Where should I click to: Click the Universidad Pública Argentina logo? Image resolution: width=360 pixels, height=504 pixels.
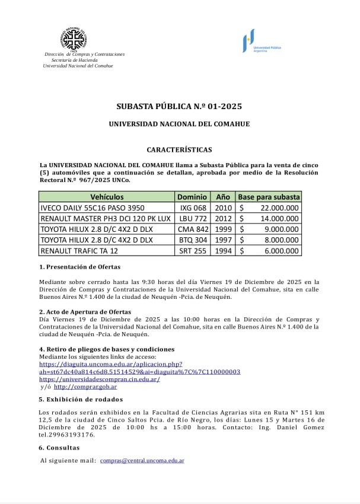tap(261, 41)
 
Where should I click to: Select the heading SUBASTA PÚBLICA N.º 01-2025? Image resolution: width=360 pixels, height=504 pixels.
tap(179, 107)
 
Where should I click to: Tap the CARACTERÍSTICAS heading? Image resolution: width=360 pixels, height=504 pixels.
tap(179, 150)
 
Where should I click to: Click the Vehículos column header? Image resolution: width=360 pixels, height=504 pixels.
tap(107, 197)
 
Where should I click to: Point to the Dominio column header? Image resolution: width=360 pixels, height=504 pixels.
tap(192, 197)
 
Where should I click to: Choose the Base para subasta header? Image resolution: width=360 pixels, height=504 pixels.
tap(269, 197)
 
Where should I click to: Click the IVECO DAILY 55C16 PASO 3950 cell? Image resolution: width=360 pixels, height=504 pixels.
tap(92, 208)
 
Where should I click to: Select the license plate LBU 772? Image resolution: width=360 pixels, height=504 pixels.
tap(193, 219)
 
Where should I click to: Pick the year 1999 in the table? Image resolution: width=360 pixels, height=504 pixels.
tap(223, 229)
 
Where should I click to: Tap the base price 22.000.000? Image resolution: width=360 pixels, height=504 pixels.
tap(279, 208)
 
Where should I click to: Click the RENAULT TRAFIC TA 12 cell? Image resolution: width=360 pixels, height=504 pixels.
tap(79, 251)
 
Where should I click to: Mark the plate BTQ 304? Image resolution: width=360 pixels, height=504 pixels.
tap(193, 240)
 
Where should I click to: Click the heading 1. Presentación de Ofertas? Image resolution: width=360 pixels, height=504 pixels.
tap(79, 267)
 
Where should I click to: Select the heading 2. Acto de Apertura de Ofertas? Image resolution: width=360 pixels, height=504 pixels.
tap(85, 312)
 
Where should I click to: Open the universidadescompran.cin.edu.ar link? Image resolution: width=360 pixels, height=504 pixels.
tap(100, 379)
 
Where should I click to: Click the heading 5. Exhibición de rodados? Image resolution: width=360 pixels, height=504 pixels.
tap(81, 399)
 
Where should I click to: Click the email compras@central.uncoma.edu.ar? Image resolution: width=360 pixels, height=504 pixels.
tap(142, 460)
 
